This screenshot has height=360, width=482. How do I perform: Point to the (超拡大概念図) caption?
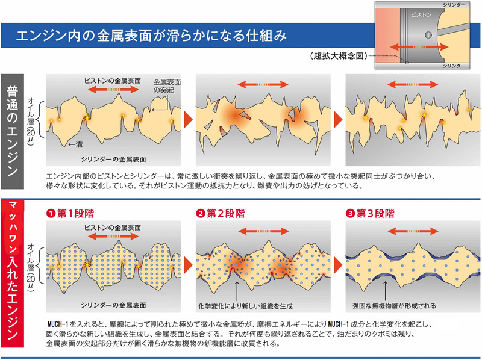[x=338, y=55]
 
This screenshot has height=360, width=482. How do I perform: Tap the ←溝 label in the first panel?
[x=75, y=144]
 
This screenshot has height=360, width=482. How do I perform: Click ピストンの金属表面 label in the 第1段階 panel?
[x=116, y=229]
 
